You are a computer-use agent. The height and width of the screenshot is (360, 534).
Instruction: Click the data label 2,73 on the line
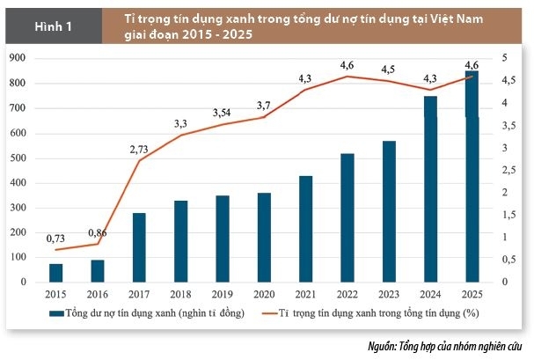138,150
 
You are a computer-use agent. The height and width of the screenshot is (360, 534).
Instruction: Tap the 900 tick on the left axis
17,58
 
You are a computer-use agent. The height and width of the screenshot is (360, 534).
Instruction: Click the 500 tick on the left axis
17,158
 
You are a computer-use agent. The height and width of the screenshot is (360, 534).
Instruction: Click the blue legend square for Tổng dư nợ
55,312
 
